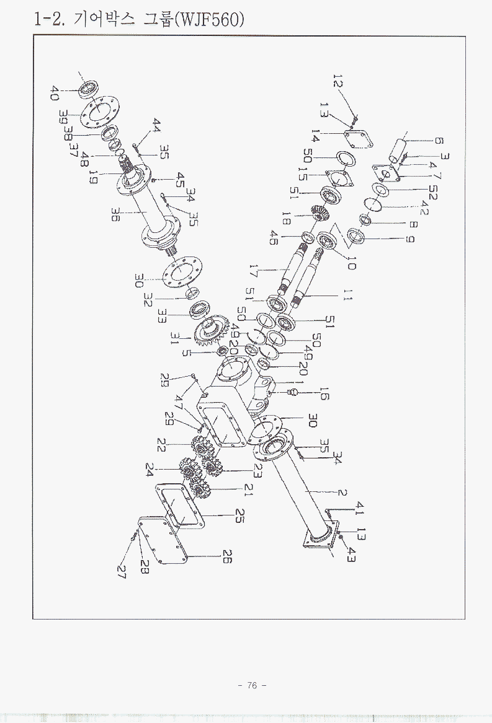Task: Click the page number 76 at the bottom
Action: [251, 685]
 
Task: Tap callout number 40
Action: [55, 94]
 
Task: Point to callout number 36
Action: [116, 215]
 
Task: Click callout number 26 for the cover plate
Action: [226, 557]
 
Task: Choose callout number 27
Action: [122, 571]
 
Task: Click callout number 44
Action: [156, 126]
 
